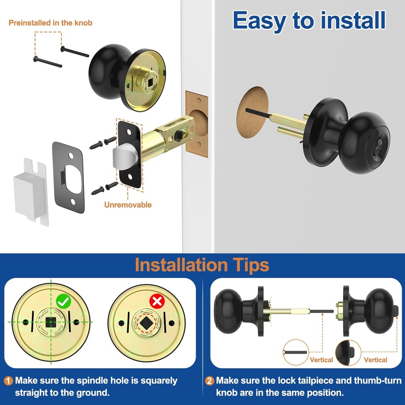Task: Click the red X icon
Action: click(157, 301)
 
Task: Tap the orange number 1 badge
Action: click(9, 381)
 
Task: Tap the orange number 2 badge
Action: click(209, 381)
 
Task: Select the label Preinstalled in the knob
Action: click(51, 23)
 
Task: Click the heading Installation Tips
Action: click(202, 265)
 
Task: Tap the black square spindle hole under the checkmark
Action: click(51, 322)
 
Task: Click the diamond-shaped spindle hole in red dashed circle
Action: click(146, 323)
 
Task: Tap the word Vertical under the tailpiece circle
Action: click(321, 360)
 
